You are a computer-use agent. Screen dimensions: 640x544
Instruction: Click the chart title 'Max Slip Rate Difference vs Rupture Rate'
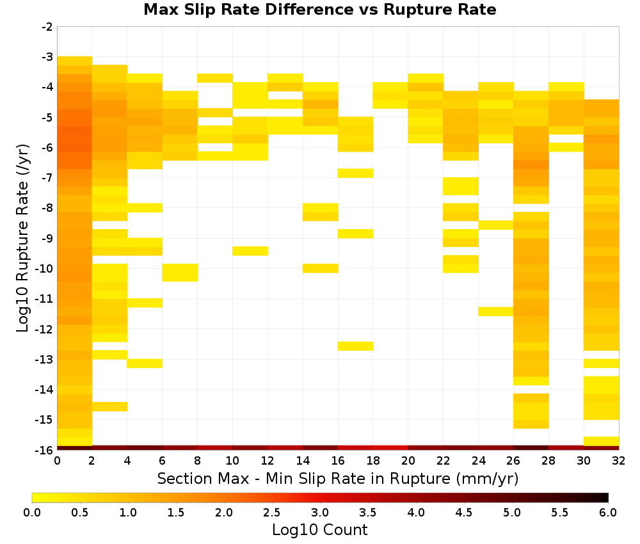point(319,10)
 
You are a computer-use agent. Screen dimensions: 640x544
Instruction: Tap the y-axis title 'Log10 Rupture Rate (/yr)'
point(23,238)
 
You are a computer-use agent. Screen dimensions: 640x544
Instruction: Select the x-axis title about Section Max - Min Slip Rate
point(338,478)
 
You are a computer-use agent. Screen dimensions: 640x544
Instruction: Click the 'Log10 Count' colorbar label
point(319,530)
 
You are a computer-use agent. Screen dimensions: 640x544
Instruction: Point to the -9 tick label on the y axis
point(47,238)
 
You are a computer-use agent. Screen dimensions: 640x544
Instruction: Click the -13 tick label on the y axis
point(45,360)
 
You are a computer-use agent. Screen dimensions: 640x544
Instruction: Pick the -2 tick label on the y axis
point(47,27)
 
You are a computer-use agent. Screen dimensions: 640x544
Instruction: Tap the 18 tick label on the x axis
point(373,461)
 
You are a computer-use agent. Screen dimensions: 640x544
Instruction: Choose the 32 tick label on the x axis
point(619,461)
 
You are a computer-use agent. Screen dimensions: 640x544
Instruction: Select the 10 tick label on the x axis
point(233,461)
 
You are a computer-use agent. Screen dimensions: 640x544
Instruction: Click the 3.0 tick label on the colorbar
point(320,513)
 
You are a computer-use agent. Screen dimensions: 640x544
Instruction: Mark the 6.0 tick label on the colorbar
point(608,513)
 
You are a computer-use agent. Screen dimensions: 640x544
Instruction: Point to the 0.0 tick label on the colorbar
point(32,513)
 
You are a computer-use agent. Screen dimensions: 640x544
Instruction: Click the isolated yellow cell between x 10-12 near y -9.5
point(250,251)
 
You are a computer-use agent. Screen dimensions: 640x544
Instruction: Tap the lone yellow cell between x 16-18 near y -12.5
point(355,346)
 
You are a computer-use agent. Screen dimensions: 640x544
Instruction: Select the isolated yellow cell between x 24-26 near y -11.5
point(496,312)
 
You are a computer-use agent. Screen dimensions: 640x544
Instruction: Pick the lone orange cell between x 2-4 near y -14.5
point(110,406)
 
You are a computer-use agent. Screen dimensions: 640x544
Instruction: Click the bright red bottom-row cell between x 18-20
point(390,448)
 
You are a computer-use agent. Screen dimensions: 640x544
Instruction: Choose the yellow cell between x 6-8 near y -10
point(180,273)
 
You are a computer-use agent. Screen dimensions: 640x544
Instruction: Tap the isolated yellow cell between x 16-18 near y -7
point(355,173)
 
